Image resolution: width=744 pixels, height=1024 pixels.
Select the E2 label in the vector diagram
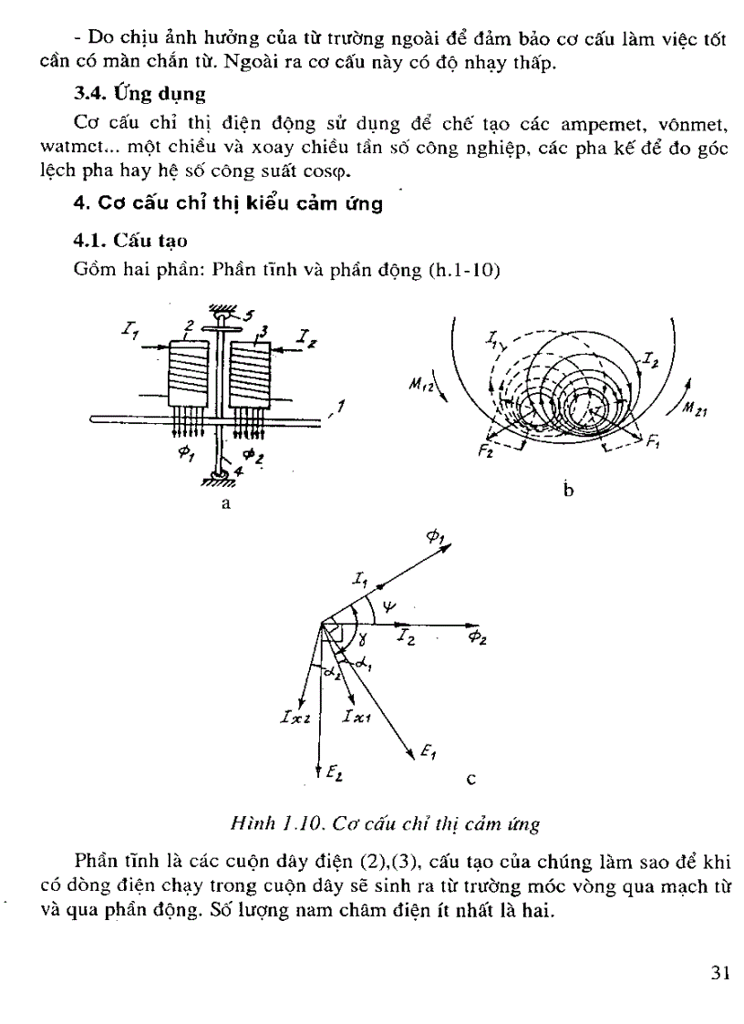pyautogui.click(x=334, y=774)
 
